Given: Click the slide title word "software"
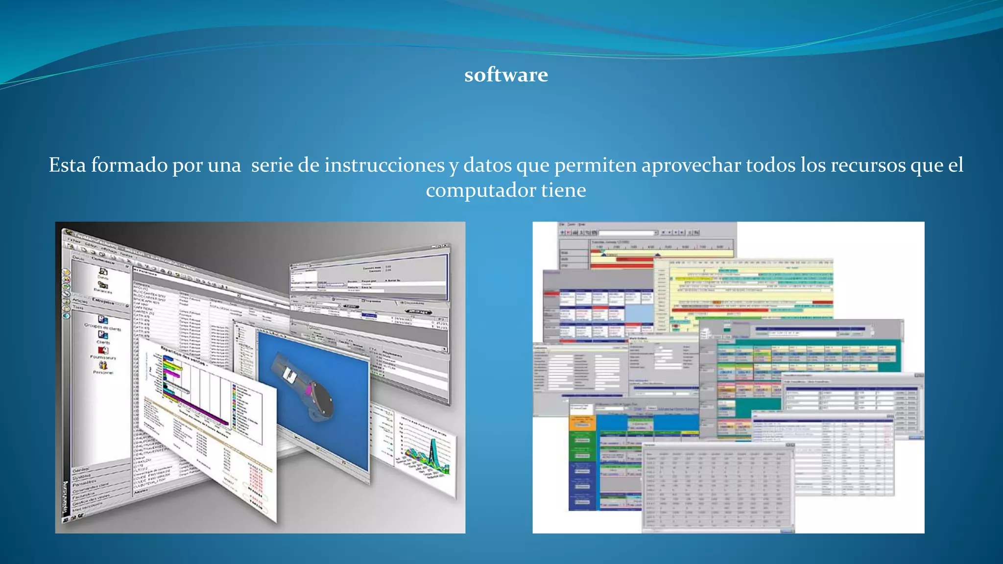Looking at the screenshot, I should click(506, 75).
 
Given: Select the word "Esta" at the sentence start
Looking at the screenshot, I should click(67, 165).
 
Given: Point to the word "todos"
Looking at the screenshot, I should click(771, 165).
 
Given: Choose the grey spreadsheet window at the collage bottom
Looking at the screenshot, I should click(717, 490).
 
